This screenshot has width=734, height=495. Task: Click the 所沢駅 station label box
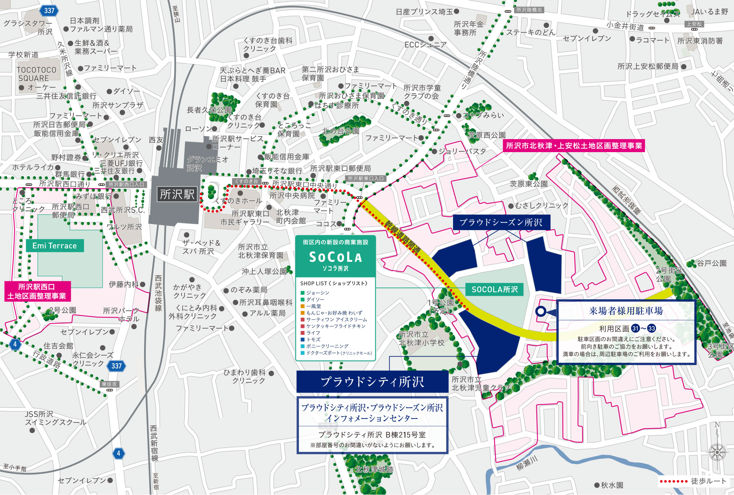tap(177, 194)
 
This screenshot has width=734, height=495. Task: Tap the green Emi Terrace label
tap(55, 246)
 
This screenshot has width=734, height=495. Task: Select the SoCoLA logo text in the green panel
tap(335, 257)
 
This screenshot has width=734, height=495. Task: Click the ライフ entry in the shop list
tap(313, 333)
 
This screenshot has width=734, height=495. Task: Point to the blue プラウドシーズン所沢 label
tap(501, 222)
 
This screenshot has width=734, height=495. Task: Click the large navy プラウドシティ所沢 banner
tap(372, 382)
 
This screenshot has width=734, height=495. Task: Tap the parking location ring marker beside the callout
tap(541, 311)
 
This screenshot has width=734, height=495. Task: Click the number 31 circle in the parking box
tap(635, 328)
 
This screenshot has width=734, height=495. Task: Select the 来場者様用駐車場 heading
tap(626, 311)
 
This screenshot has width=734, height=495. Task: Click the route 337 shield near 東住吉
tap(116, 366)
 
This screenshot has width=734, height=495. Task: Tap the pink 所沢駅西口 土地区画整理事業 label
tap(37, 291)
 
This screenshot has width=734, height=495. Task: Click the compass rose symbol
tap(717, 452)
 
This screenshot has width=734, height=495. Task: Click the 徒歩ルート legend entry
tap(693, 481)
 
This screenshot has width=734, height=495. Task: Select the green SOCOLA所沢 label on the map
tap(494, 289)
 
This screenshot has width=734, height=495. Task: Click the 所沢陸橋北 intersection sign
tap(529, 10)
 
